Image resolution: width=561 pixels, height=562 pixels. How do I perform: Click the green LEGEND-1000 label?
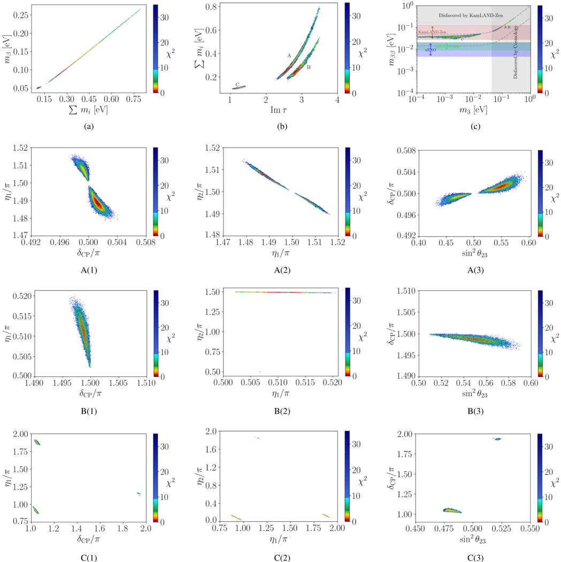tap(448, 47)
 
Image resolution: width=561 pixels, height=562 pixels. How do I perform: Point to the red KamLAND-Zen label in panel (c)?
tap(430, 33)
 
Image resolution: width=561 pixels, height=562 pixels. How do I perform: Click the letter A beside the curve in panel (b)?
tap(288, 56)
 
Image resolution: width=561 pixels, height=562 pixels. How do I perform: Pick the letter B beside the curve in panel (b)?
tap(309, 67)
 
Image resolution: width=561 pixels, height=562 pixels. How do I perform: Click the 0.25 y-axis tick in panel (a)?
tap(23, 14)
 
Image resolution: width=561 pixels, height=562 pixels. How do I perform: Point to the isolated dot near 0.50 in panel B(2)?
tap(260, 372)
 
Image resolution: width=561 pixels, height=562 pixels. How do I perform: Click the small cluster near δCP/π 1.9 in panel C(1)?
tap(139, 494)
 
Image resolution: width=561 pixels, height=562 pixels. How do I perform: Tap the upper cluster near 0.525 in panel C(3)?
tap(497, 439)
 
